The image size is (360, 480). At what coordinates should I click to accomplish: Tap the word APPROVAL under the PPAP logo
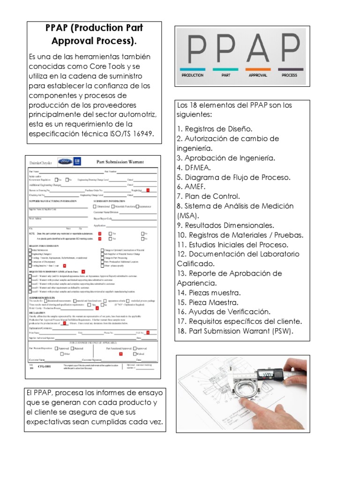point(258,75)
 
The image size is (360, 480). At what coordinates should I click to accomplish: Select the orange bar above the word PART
point(226,69)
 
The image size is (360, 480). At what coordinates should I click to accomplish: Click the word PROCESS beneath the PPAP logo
point(290,75)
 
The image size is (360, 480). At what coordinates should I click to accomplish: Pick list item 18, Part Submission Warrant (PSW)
point(235,331)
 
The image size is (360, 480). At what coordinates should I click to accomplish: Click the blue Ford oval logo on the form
point(65,162)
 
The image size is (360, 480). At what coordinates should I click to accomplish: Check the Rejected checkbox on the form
point(73,348)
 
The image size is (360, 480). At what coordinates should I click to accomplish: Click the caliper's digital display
point(268,374)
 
